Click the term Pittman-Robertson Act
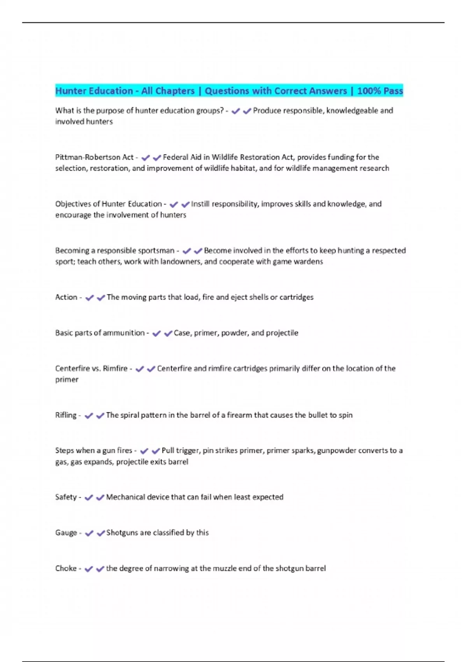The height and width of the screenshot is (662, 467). [94, 157]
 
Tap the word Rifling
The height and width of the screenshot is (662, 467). [66, 415]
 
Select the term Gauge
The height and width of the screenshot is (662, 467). [66, 533]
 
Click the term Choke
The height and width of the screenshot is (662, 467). [66, 569]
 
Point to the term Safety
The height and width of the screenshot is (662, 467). [66, 497]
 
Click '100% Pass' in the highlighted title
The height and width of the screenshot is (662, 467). [380, 91]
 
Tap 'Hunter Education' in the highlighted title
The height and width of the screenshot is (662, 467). [94, 91]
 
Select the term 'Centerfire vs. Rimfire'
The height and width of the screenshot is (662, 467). [91, 368]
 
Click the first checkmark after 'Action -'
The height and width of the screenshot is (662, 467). [90, 298]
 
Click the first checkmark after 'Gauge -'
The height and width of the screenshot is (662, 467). [89, 533]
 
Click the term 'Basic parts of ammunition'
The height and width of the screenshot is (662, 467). [100, 333]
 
